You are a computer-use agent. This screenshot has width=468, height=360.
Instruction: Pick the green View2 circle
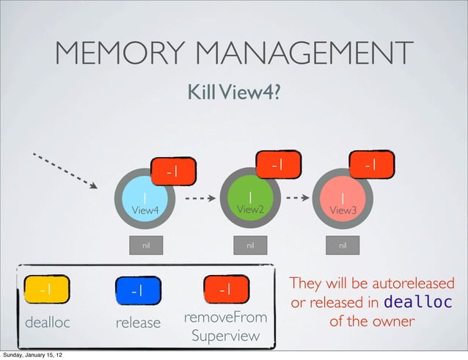point(250,201)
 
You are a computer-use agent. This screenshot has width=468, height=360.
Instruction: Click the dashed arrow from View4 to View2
point(200,198)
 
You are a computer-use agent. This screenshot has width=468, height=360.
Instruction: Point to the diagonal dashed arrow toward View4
point(65,170)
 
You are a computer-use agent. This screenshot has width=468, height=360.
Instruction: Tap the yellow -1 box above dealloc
point(44,289)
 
